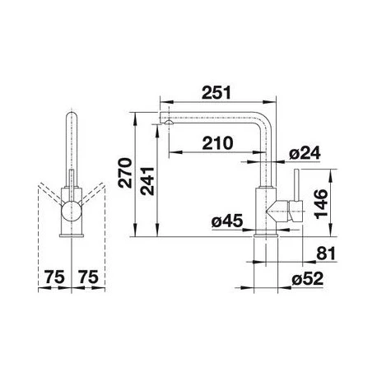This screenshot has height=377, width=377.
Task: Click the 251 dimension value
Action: (216, 92)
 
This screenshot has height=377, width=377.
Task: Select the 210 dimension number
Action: (217, 143)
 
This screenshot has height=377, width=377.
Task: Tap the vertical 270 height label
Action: (125, 173)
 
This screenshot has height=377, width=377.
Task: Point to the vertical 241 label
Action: (147, 181)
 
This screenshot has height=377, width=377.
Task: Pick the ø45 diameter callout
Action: (227, 221)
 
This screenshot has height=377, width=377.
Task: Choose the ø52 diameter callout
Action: (307, 279)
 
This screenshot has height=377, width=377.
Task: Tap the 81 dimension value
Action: (326, 254)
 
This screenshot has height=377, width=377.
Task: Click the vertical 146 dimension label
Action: (321, 204)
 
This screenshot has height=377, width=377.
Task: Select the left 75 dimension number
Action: (54, 277)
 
